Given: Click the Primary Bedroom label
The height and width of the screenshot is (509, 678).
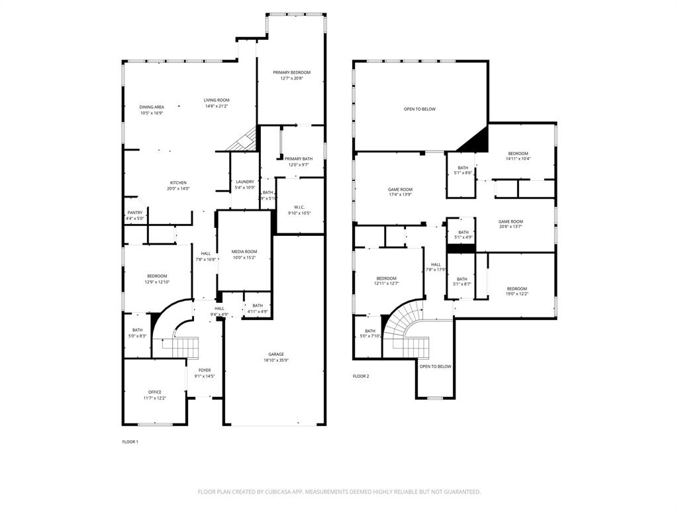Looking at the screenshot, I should coord(291,72).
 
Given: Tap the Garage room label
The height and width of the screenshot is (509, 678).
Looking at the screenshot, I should coord(276,355).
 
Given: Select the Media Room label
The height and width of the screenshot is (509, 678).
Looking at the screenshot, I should coord(244,252).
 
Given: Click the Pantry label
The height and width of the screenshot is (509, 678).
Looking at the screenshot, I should coord(135,213).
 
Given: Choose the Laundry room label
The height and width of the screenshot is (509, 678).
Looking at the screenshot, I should coord(245,182).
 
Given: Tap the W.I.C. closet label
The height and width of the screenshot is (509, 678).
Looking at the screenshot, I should coord(299,207).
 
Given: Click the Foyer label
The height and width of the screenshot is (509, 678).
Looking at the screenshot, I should coord(205,370).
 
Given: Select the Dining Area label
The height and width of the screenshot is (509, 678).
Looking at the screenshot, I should coord(152,107).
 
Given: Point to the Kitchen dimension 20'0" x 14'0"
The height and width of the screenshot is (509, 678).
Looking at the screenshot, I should coord(178,189).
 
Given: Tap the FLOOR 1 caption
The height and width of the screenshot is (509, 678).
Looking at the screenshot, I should coord(130,441).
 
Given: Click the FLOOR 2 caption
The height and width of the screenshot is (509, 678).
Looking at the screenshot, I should coord(361,376).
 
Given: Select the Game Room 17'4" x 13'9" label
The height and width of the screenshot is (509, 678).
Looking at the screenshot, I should coord(400,190).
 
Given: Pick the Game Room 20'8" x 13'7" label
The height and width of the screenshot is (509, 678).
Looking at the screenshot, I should coord(510,222).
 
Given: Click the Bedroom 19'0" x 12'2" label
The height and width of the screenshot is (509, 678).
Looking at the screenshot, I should coord(516,289).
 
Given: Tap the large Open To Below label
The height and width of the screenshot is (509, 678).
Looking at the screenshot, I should coord(420,109).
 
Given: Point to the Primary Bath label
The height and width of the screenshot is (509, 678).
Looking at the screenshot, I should coord(298,158).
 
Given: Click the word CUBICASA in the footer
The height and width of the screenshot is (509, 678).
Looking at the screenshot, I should coord(283,492).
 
